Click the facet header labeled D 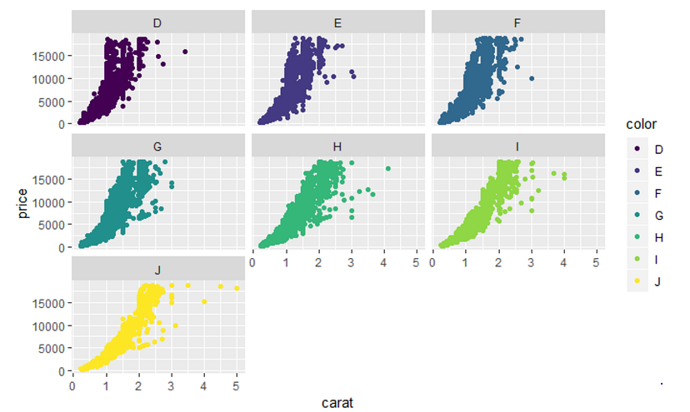[x=158, y=22]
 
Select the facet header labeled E [x=337, y=22]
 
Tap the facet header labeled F [x=517, y=22]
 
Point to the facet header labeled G [x=158, y=146]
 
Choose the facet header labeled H [x=337, y=146]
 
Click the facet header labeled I [x=517, y=146]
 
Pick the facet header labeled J [x=158, y=270]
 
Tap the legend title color [x=642, y=125]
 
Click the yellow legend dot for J [x=637, y=281]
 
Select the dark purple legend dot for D [x=637, y=149]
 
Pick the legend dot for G [x=637, y=216]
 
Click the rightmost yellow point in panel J [x=237, y=289]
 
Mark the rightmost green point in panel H [x=387, y=169]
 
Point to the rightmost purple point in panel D [x=185, y=52]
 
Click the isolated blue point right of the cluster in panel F [x=532, y=78]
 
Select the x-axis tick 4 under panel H [x=383, y=263]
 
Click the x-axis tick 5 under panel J [x=237, y=386]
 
